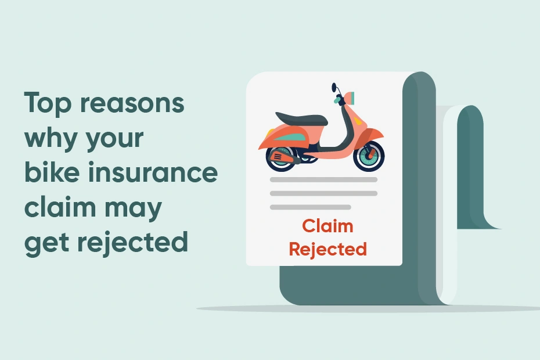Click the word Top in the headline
coord(47,103)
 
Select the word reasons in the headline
coord(132,103)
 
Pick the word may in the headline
coord(133,209)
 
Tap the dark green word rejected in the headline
coord(132,242)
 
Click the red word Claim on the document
coord(327,226)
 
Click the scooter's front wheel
coord(369,156)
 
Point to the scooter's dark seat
coord(301,118)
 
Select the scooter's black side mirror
coord(334,88)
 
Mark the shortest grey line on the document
coord(310,207)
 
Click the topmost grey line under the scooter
coord(323,179)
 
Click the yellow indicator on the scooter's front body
coord(358,121)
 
